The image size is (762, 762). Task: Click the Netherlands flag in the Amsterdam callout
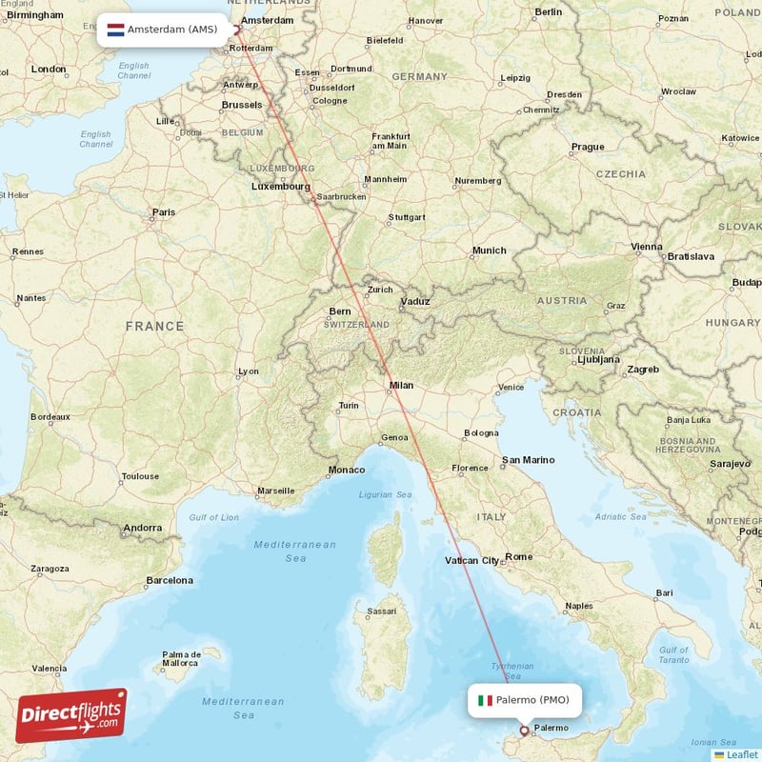point(115,30)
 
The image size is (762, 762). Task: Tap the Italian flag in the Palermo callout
point(485,700)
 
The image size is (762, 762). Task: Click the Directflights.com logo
point(71,715)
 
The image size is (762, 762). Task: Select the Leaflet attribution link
point(740,754)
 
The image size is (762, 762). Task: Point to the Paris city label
point(164,212)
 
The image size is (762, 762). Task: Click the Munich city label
point(490,251)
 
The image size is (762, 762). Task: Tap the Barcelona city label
point(170,580)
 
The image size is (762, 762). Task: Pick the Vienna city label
point(647,247)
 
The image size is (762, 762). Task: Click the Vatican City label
point(472,561)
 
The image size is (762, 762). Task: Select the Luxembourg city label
point(281,187)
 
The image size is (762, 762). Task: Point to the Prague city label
point(588,147)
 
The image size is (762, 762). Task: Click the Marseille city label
point(276,491)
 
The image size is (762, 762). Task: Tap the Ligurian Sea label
point(385,494)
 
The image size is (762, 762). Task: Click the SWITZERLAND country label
point(356,325)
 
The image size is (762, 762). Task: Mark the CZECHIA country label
point(621,174)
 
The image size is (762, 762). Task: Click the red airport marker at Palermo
point(523,732)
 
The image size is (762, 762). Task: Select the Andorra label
point(144,528)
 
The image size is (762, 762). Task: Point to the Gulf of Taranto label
point(673,654)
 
